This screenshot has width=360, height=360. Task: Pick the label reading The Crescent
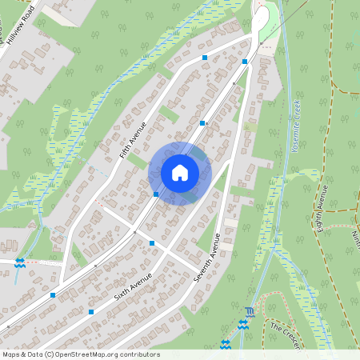[284, 334]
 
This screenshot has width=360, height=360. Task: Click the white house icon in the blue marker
[180, 172]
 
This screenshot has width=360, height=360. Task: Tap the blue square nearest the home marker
[155, 194]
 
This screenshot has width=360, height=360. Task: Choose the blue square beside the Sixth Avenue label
[91, 312]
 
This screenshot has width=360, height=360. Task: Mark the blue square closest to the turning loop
[246, 61]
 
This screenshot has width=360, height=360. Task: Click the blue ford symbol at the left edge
[19, 262]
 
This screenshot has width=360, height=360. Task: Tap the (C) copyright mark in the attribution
[49, 354]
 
